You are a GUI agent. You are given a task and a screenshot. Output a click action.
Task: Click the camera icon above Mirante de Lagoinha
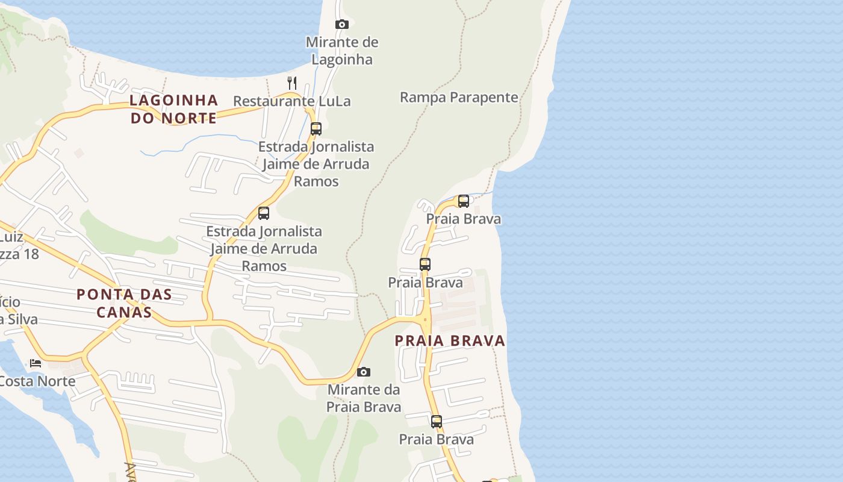point(342,25)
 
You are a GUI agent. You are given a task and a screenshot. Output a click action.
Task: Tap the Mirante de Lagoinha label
point(342,51)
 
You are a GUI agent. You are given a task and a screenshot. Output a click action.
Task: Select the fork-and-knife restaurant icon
point(292,83)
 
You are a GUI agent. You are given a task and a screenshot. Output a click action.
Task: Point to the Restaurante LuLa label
point(292,101)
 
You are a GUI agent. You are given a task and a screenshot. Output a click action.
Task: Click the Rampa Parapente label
point(459,97)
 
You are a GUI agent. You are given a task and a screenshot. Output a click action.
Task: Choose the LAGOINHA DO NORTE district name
point(174,108)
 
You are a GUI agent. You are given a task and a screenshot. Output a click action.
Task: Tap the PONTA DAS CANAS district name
point(124,303)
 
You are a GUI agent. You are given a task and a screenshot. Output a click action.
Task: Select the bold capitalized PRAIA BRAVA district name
point(450,340)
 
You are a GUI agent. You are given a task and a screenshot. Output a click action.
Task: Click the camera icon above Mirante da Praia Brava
point(364,372)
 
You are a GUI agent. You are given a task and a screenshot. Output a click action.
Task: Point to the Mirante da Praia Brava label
point(364,398)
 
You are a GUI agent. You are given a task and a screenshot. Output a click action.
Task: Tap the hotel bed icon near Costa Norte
point(36,363)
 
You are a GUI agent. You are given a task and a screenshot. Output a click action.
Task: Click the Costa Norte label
point(37,381)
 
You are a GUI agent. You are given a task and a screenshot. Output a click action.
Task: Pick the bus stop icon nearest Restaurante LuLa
point(316,128)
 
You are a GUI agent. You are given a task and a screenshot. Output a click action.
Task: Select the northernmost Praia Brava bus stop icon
point(464,201)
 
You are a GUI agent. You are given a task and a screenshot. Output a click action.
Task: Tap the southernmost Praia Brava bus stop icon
point(437,422)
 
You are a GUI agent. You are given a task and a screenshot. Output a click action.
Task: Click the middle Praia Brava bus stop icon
point(425,264)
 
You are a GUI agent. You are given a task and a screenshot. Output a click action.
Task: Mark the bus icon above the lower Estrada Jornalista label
point(264,213)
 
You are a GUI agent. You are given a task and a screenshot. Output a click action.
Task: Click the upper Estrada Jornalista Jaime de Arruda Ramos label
point(316,163)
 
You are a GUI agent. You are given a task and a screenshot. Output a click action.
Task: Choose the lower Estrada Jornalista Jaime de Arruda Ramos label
point(264,248)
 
